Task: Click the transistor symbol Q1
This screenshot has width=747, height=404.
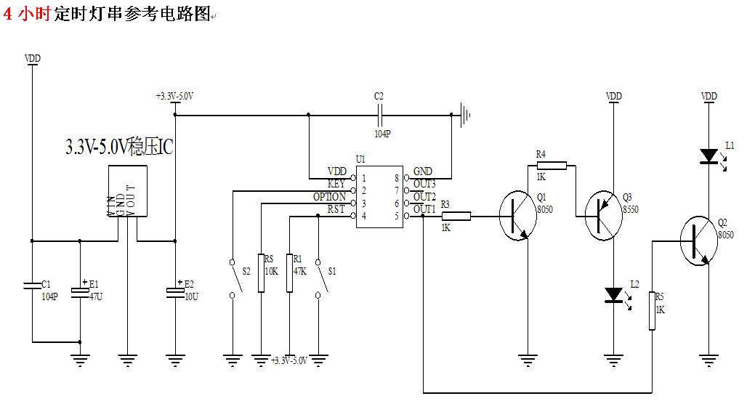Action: pos(518,216)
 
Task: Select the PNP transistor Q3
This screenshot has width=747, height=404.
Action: pos(604,216)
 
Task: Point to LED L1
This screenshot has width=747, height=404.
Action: pos(708,156)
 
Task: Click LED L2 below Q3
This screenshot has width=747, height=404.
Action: pos(613,294)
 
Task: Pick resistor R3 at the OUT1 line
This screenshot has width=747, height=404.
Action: pos(456,216)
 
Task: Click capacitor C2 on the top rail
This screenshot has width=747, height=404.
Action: pos(379,114)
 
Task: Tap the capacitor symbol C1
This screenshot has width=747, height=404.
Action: pos(33,287)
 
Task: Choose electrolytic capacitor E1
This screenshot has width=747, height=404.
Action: pos(80,291)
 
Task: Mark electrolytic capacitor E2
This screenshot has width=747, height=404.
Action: pos(175,291)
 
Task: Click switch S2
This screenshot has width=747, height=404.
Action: pos(233,278)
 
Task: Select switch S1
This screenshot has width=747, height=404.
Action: pos(318,278)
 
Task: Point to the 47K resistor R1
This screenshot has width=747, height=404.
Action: pos(289,272)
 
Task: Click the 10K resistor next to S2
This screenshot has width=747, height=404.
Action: pos(260,272)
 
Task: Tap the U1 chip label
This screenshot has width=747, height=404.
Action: pos(360,159)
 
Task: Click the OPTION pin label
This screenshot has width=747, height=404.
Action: pos(329,197)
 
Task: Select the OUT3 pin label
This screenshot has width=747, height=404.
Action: pos(424,184)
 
